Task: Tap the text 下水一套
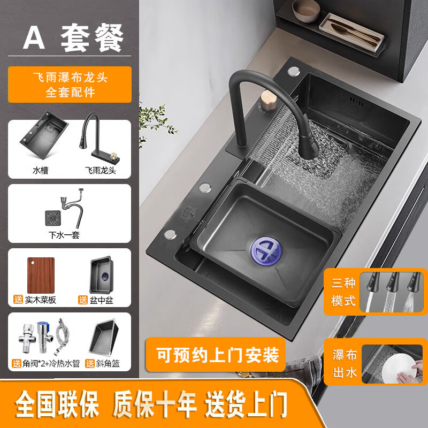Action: click(x=64, y=235)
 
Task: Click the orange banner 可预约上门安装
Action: click(x=217, y=354)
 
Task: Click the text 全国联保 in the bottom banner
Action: click(x=57, y=404)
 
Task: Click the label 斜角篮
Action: click(x=107, y=363)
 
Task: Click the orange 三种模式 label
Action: click(x=343, y=292)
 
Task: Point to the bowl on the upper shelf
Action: click(x=305, y=8)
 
